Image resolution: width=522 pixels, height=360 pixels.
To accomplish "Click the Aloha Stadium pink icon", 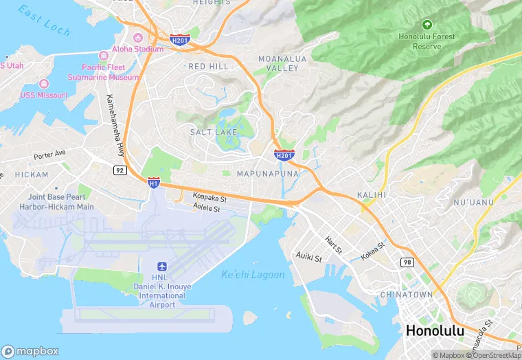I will pyautogui.click(x=137, y=37).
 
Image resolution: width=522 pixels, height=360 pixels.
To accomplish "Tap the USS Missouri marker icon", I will pyautogui.click(x=44, y=83).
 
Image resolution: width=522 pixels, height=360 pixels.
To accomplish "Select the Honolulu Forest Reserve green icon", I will pyautogui.click(x=427, y=25).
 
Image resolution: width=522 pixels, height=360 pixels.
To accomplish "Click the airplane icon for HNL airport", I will pyautogui.click(x=161, y=266).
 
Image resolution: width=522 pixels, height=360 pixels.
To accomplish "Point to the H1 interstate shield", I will pyautogui.click(x=154, y=182).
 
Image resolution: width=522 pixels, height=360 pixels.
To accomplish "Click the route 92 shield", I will pyautogui.click(x=120, y=170).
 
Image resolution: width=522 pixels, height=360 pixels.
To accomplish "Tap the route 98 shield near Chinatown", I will pyautogui.click(x=407, y=262).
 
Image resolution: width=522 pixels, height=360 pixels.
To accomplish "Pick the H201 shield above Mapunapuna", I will pyautogui.click(x=284, y=155).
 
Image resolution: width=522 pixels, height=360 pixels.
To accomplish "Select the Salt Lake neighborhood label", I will pyautogui.click(x=214, y=131).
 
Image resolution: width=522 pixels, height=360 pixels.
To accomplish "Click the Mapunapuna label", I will pyautogui.click(x=268, y=174).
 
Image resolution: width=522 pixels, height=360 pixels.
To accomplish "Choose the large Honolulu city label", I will pyautogui.click(x=435, y=330).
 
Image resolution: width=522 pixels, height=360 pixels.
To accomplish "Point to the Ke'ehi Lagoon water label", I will pyautogui.click(x=252, y=275).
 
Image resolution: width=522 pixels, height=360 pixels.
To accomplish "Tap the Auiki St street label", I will pyautogui.click(x=308, y=258).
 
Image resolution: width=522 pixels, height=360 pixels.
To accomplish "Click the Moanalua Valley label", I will pyautogui.click(x=278, y=64).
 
